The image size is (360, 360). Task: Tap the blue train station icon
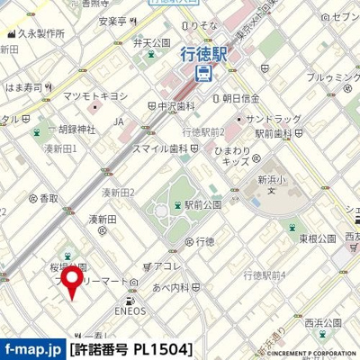click(x=204, y=75)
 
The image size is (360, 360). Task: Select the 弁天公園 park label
click(x=152, y=42)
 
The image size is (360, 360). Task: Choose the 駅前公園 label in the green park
click(x=202, y=205)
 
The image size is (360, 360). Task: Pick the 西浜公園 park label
click(x=323, y=322)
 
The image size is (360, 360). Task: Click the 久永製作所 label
click(x=39, y=33)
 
